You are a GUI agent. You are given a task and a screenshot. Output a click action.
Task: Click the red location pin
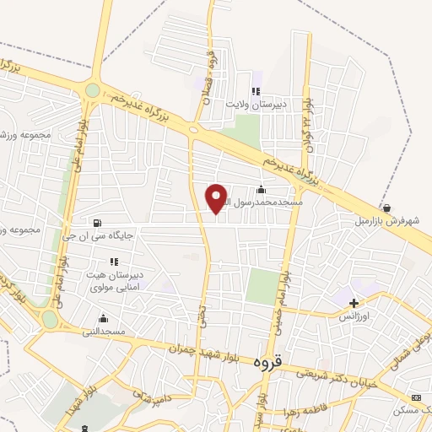coord(217,197)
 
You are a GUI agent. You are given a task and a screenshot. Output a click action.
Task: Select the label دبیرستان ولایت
coord(256,105)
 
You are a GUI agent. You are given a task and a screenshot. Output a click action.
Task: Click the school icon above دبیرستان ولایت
coord(256,92)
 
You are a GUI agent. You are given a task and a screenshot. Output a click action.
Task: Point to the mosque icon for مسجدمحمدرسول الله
coord(261,190)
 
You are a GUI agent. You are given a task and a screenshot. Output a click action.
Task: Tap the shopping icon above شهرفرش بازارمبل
coord(386,208)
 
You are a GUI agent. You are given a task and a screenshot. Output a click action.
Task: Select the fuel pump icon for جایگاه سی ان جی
coord(98,224)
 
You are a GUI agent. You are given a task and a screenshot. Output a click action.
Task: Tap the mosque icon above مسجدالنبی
coord(103,318)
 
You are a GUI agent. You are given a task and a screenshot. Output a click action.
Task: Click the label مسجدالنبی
coord(102,332)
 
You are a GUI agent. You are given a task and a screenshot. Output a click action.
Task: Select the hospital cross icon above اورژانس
coord(354,302)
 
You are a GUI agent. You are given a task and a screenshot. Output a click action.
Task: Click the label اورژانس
coord(354,316)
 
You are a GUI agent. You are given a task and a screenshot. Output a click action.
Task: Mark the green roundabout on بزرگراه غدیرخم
coord(92,90)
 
